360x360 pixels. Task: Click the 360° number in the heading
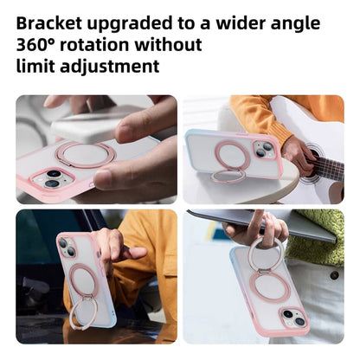click(41, 44)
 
